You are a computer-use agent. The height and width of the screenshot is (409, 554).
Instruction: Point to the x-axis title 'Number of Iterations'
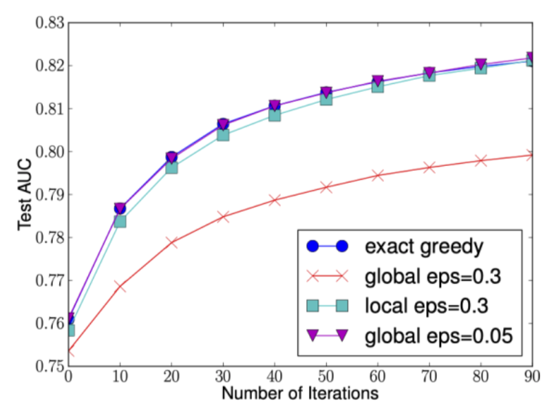(x=300, y=394)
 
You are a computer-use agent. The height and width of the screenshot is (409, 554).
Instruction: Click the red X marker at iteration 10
(x=120, y=286)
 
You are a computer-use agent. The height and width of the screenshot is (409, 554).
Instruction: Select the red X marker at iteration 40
(x=275, y=200)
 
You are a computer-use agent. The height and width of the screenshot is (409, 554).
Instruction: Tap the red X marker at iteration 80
(x=480, y=160)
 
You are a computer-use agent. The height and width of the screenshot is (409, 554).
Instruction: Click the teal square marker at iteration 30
(x=223, y=134)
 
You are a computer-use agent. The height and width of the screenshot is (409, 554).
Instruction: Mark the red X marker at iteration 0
(x=69, y=353)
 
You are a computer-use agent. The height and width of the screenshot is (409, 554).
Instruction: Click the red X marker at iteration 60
(x=377, y=176)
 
